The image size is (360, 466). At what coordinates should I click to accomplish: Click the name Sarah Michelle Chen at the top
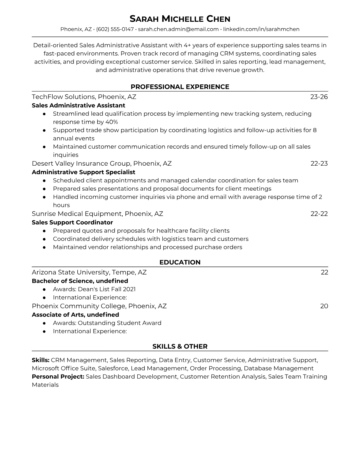pyautogui.click(x=180, y=19)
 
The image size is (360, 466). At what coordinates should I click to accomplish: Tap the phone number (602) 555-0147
pyautogui.click(x=115, y=29)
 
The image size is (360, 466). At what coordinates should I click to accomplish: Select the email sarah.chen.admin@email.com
pyautogui.click(x=178, y=29)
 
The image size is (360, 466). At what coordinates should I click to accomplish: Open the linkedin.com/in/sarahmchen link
pyautogui.click(x=261, y=29)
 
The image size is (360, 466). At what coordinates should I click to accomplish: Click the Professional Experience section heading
pyautogui.click(x=180, y=87)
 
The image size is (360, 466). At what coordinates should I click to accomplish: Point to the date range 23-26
pyautogui.click(x=319, y=97)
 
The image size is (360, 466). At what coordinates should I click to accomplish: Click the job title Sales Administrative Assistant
pyautogui.click(x=78, y=105)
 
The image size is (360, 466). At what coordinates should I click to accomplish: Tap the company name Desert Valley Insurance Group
pyautogui.click(x=81, y=163)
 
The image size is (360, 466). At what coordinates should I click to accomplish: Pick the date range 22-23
pyautogui.click(x=319, y=163)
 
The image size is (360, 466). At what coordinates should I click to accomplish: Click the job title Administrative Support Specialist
pyautogui.click(x=83, y=172)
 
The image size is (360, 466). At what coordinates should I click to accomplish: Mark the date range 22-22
pyautogui.click(x=319, y=214)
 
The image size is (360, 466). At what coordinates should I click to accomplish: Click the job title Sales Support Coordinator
pyautogui.click(x=72, y=222)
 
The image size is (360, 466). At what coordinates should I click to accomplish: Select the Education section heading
pyautogui.click(x=180, y=262)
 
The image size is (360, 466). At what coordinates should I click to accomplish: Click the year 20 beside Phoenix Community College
pyautogui.click(x=324, y=306)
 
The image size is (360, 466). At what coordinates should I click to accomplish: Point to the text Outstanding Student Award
pyautogui.click(x=119, y=323)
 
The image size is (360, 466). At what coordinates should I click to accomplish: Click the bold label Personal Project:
pyautogui.click(x=58, y=377)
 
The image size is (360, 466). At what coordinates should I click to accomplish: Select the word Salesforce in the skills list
pyautogui.click(x=113, y=368)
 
